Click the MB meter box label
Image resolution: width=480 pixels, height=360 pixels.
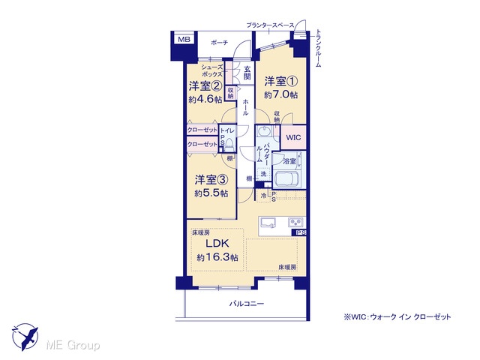point(184,39)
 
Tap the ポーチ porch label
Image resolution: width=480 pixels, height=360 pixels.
point(219,43)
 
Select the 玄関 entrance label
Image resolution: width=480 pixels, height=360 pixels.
point(247,73)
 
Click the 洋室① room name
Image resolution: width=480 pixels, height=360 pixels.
point(281,82)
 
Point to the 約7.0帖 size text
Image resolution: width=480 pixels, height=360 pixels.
point(281,94)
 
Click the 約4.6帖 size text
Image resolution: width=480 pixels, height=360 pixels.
point(205,100)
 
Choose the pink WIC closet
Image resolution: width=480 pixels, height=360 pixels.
point(293,137)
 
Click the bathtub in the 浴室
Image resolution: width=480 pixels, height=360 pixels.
point(286,178)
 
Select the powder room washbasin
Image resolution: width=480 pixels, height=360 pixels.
point(263,132)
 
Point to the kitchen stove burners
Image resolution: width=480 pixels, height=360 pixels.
point(295,221)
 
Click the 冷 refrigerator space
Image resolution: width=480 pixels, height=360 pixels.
point(263,196)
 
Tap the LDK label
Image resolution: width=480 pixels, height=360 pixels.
point(217,243)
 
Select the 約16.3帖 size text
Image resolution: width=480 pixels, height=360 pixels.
point(217,257)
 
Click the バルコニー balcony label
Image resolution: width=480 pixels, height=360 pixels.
point(247,304)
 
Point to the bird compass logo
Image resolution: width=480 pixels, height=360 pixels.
point(25,337)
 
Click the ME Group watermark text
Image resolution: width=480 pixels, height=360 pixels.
point(73,345)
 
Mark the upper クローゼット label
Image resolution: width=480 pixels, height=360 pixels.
point(202,130)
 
